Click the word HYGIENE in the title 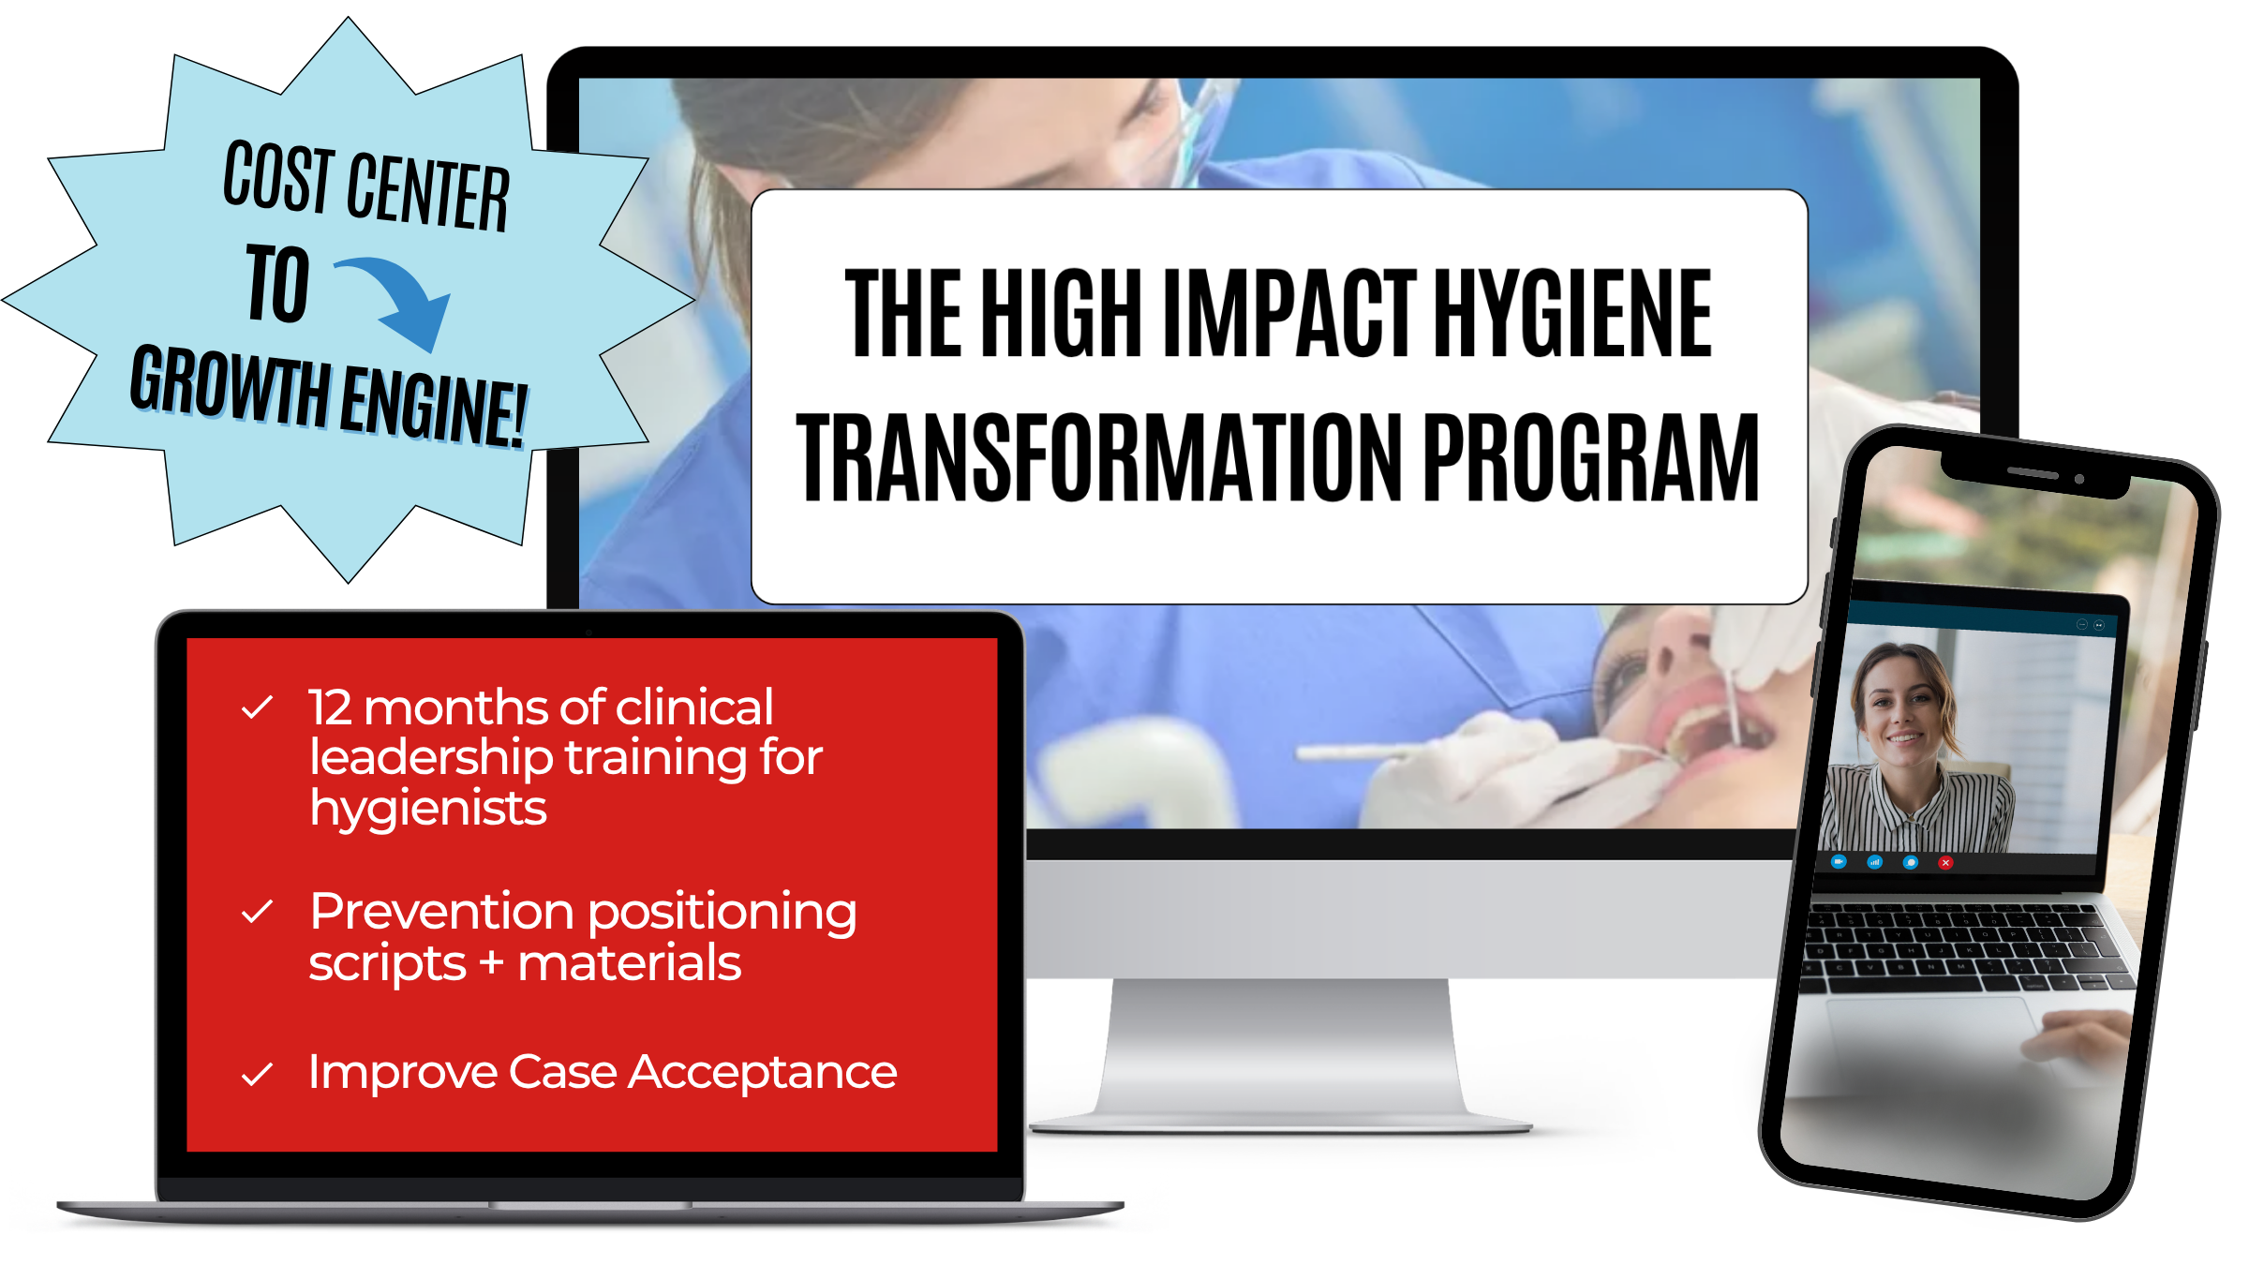click(x=1573, y=312)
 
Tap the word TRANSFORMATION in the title click(x=1099, y=457)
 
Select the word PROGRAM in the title click(x=1591, y=457)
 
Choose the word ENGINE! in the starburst click(x=433, y=406)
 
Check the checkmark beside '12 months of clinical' click(x=257, y=707)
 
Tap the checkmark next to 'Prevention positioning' click(x=257, y=912)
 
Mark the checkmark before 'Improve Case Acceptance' click(x=257, y=1074)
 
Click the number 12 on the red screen click(x=330, y=707)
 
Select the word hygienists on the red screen click(x=428, y=808)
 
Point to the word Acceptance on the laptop click(x=762, y=1074)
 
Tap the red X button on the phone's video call click(x=1946, y=863)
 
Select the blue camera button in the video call click(x=1839, y=861)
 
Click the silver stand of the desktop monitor click(x=1280, y=1053)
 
